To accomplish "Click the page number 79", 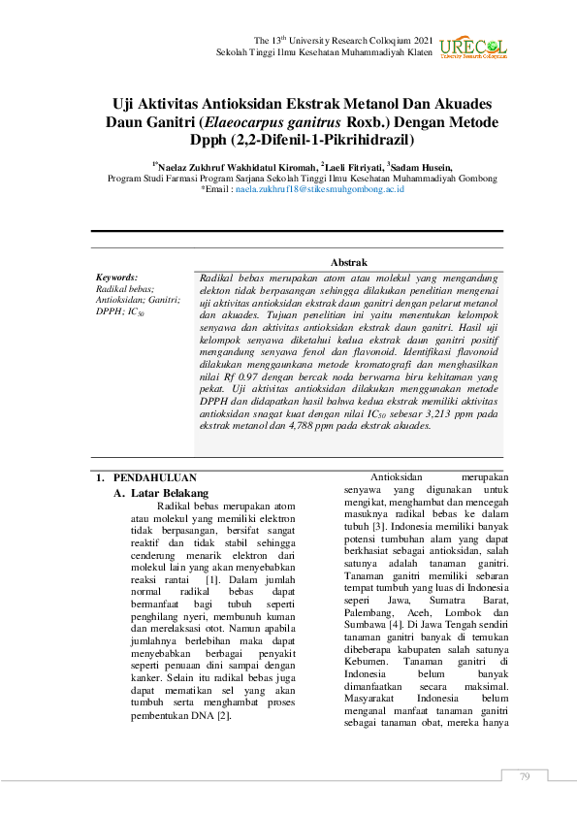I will pos(525,776).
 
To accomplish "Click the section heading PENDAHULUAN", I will pos(155,478).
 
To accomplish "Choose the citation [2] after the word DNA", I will pos(224,716).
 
